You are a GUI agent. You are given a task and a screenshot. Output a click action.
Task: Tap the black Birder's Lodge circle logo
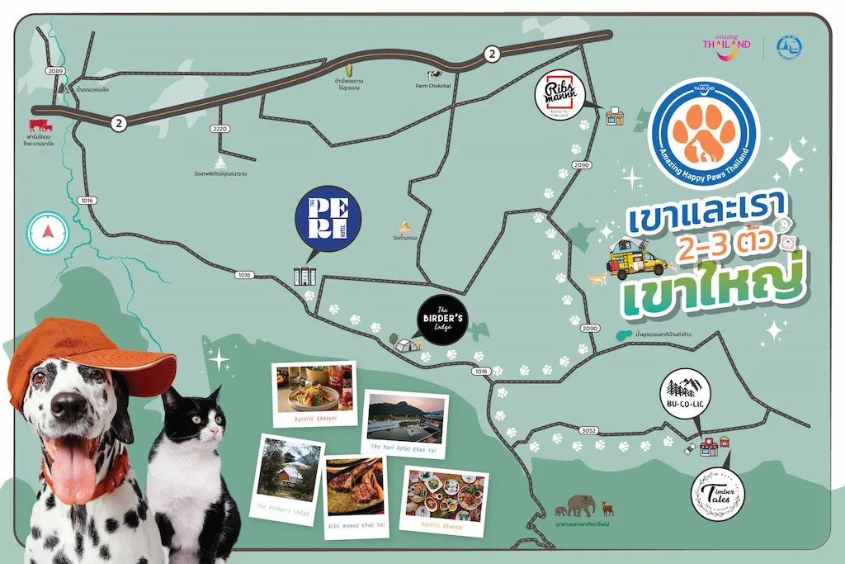[441, 320]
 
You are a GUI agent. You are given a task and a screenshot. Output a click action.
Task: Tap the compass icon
[47, 233]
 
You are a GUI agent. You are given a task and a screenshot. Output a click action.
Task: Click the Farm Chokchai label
[432, 85]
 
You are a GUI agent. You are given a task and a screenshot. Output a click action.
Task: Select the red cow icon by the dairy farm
[40, 126]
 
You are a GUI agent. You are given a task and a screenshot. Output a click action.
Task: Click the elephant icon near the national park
[579, 504]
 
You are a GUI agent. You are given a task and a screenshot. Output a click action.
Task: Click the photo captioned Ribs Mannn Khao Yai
[356, 492]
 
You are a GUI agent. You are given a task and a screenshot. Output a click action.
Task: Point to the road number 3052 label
[588, 430]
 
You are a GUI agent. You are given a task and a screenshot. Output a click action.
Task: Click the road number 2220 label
[219, 129]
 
